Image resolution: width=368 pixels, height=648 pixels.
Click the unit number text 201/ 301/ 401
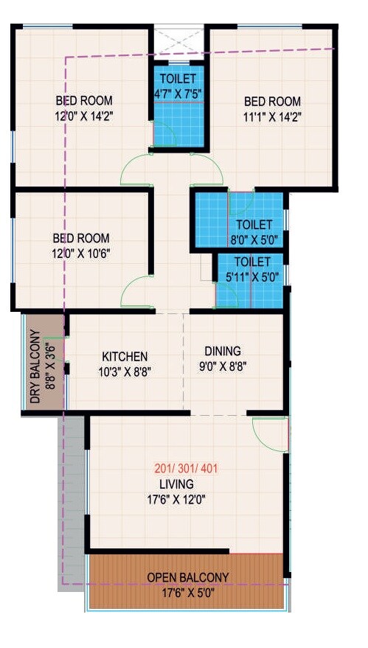point(186,468)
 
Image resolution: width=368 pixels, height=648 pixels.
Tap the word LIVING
point(176,484)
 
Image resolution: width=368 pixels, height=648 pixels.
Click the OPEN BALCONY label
point(187,576)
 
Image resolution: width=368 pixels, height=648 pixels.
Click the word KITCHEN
point(125,356)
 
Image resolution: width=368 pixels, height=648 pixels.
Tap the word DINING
point(223,352)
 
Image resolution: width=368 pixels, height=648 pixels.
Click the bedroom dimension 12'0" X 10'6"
point(81,252)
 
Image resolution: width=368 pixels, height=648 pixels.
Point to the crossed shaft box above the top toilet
point(178,41)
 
